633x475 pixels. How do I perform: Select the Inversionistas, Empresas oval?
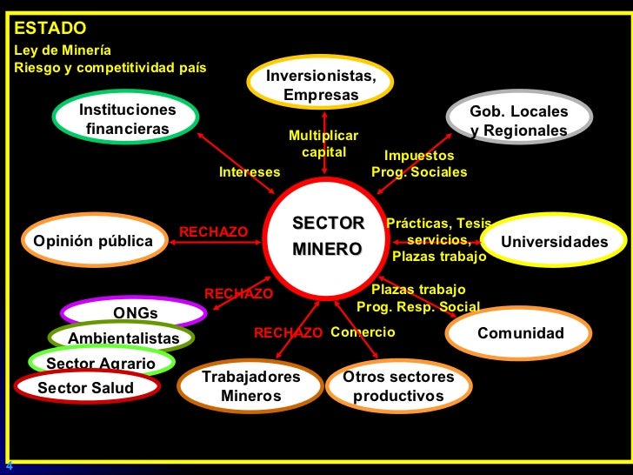pos(321,84)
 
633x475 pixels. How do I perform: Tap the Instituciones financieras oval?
pos(127,120)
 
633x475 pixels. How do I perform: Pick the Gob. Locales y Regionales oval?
pos(518,121)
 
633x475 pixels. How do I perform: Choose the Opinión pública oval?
pos(92,240)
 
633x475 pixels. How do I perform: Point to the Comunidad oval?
pos(520,334)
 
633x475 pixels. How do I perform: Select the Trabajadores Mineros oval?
pos(250,386)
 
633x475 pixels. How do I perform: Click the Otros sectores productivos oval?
pos(398,386)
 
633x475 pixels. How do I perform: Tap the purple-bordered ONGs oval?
pos(135,313)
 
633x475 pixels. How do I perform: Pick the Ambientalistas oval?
pos(123,338)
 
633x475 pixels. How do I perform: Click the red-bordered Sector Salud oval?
pos(86,388)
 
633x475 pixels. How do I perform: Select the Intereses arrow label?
pos(250,172)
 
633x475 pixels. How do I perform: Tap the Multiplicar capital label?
pos(323,144)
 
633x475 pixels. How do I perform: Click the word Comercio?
pos(363,332)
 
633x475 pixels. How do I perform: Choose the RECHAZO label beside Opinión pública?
pos(213,231)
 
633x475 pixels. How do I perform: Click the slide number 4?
pos(9,465)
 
